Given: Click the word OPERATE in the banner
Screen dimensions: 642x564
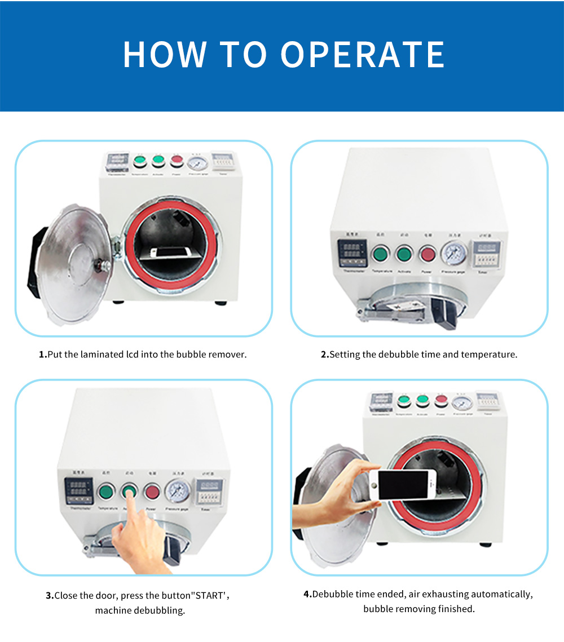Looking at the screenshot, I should [363, 55].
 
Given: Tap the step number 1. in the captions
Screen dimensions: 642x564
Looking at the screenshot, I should [42, 355].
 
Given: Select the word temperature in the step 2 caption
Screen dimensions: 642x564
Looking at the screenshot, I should [488, 355].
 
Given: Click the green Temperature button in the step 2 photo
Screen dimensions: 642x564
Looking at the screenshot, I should [381, 254].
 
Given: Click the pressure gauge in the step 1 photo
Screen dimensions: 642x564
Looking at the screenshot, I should [197, 163].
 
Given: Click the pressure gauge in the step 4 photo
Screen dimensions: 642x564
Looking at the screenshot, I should [462, 402].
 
